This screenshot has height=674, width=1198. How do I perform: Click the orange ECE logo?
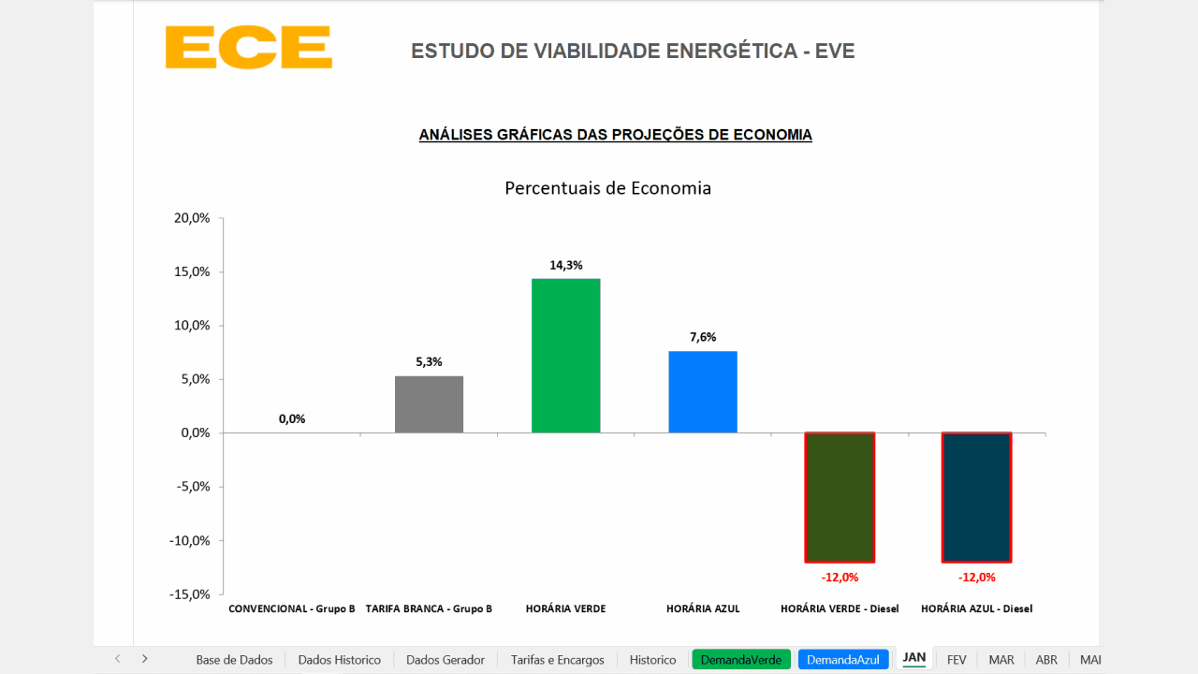point(248,47)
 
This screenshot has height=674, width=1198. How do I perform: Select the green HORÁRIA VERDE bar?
point(565,356)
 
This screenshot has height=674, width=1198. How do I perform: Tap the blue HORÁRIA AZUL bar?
point(702,391)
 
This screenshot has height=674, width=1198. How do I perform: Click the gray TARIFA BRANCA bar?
point(429,404)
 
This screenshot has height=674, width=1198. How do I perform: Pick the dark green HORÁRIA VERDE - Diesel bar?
point(840,497)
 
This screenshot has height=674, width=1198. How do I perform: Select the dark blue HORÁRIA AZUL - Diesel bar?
point(976,497)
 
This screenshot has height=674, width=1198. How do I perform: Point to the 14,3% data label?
point(565,265)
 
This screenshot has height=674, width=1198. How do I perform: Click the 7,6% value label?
point(703,337)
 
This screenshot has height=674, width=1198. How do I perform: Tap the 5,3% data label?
point(429,362)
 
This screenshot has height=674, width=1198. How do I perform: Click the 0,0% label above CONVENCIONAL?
point(292,418)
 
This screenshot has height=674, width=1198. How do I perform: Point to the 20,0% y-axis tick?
point(190,218)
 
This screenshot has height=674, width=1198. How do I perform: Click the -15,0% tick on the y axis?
point(189,594)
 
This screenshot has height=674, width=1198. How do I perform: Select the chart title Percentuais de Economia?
point(607,188)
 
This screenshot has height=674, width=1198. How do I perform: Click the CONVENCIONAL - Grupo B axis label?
point(292,608)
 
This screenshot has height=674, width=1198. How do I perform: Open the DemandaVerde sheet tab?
point(740,659)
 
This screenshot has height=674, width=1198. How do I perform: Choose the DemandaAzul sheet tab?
point(842,659)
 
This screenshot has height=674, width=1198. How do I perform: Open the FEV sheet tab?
point(957,659)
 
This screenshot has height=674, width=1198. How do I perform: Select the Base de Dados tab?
point(234,659)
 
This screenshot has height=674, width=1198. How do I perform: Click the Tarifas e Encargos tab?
point(557,659)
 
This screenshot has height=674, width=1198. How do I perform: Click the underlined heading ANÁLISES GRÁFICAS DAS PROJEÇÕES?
point(615,135)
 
